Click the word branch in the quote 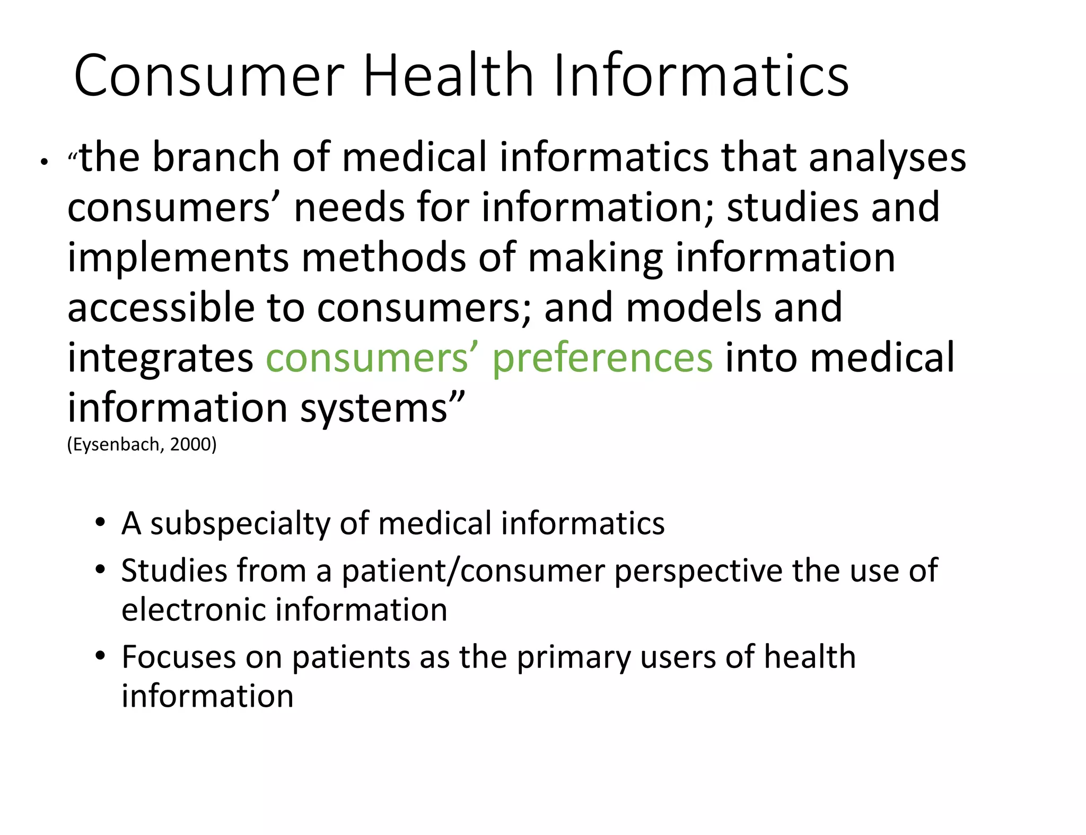coord(215,158)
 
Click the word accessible coord(161,307)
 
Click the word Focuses coord(178,657)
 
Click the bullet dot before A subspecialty coord(100,523)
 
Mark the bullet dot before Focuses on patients coord(100,656)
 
